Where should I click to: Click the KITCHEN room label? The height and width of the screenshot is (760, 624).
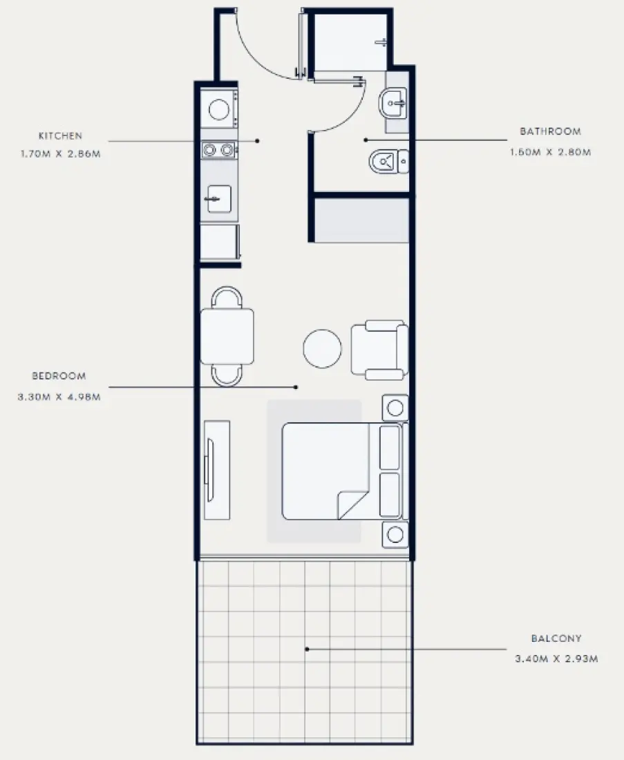point(60,136)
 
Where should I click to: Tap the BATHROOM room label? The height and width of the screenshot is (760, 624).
point(550,131)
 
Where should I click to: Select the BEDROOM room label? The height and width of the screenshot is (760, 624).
point(59,376)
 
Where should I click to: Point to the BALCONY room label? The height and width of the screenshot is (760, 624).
point(556,639)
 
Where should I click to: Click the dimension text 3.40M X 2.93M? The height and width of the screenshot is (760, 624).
point(556,659)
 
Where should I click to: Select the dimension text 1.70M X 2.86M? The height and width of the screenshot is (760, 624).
point(61,154)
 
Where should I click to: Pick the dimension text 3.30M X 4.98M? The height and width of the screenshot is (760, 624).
point(59,397)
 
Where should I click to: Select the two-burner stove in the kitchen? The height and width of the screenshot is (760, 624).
point(218,149)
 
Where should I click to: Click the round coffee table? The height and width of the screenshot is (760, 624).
point(322,348)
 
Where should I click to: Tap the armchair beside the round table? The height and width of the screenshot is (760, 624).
point(378,350)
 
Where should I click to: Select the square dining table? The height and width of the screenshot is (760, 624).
point(227,336)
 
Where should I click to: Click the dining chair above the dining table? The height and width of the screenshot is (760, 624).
point(227,298)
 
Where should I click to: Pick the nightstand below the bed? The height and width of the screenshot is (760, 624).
point(395,534)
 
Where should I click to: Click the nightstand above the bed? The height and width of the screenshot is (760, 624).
point(395,407)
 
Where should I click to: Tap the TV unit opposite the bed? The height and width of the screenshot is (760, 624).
point(216,469)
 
